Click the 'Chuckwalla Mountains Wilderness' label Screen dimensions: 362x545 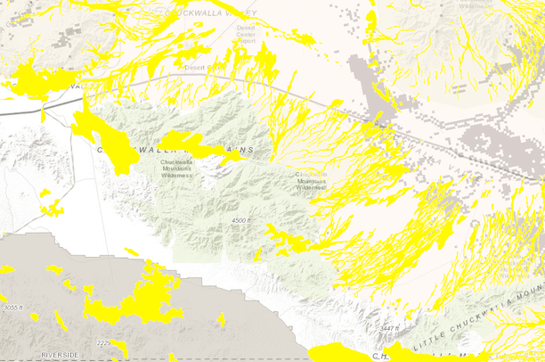tap(176, 169)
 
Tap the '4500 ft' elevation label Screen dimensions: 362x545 tap(240, 219)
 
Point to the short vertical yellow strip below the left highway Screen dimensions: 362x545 tap(43, 112)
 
